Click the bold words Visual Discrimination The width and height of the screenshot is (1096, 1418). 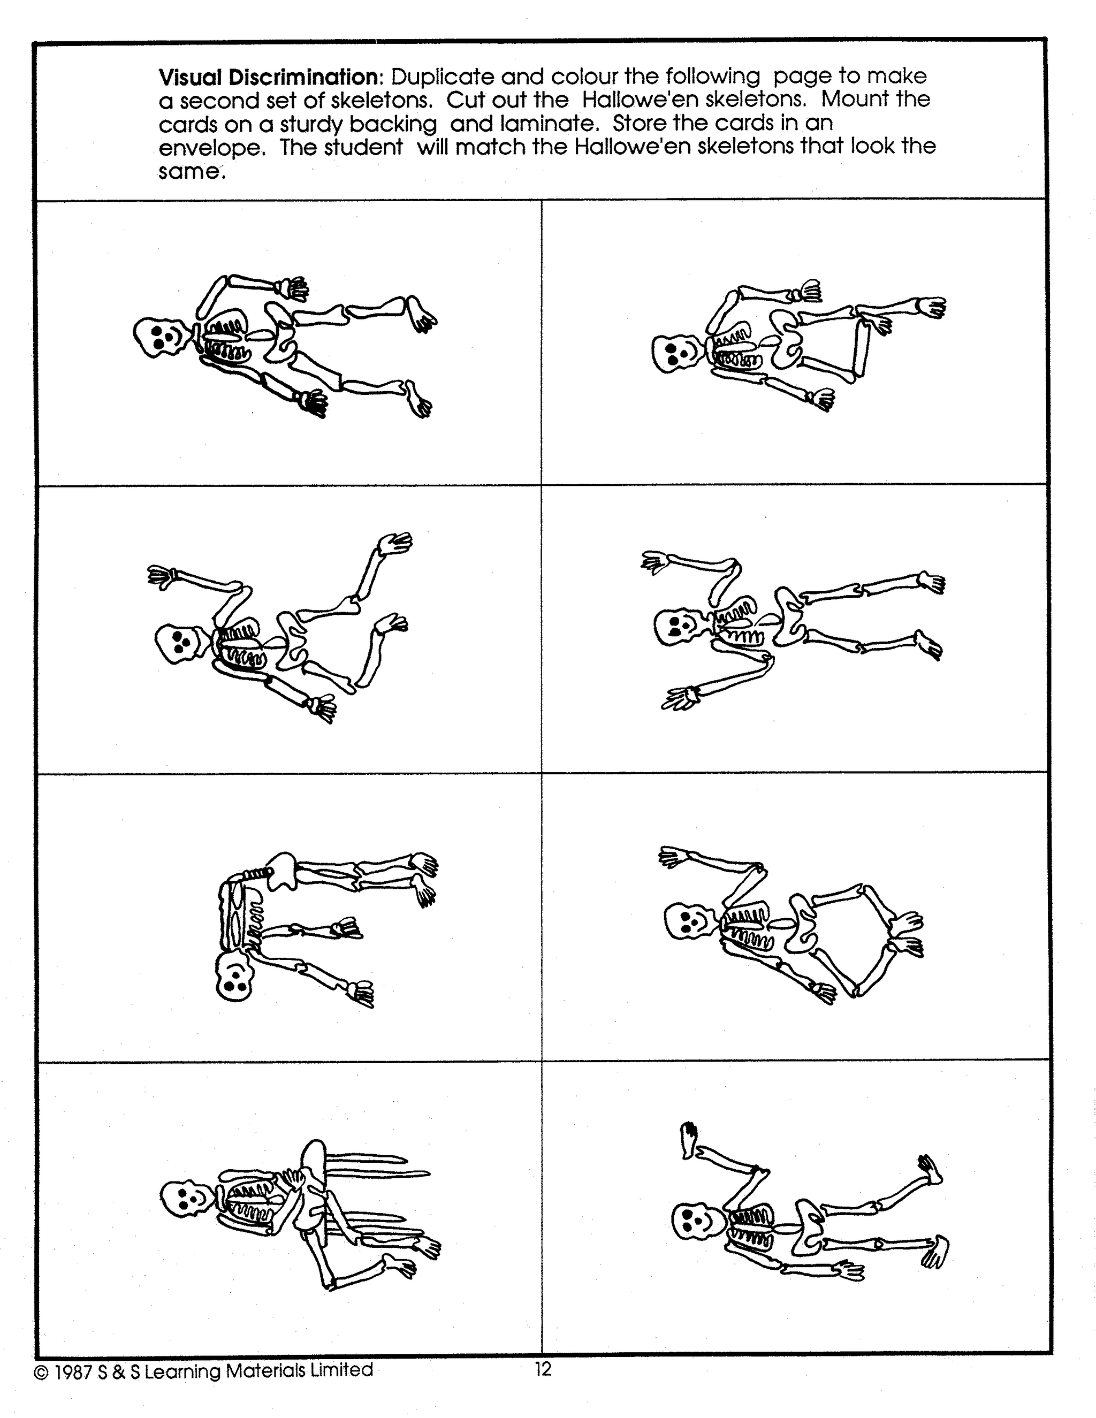pyautogui.click(x=269, y=77)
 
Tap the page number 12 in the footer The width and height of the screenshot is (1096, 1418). pyautogui.click(x=543, y=1369)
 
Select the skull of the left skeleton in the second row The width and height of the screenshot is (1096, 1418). pyautogui.click(x=182, y=643)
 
